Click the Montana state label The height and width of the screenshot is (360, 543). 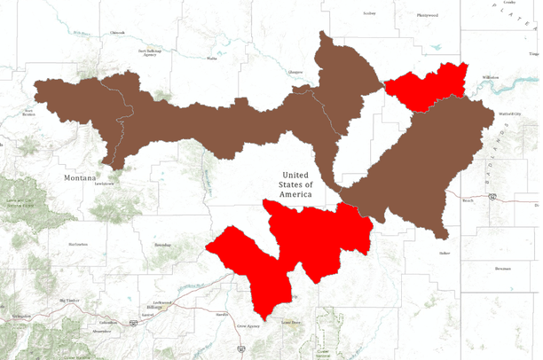(79, 177)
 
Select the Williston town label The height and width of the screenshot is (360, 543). (490, 78)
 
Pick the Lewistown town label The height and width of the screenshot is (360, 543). (105, 184)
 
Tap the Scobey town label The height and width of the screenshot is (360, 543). (370, 13)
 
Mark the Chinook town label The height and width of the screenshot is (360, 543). (117, 34)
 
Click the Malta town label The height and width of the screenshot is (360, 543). (212, 59)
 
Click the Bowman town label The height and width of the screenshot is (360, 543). (503, 267)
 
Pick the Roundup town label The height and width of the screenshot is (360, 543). (162, 244)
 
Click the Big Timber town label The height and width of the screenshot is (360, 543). (68, 301)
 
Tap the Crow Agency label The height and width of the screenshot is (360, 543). (248, 326)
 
